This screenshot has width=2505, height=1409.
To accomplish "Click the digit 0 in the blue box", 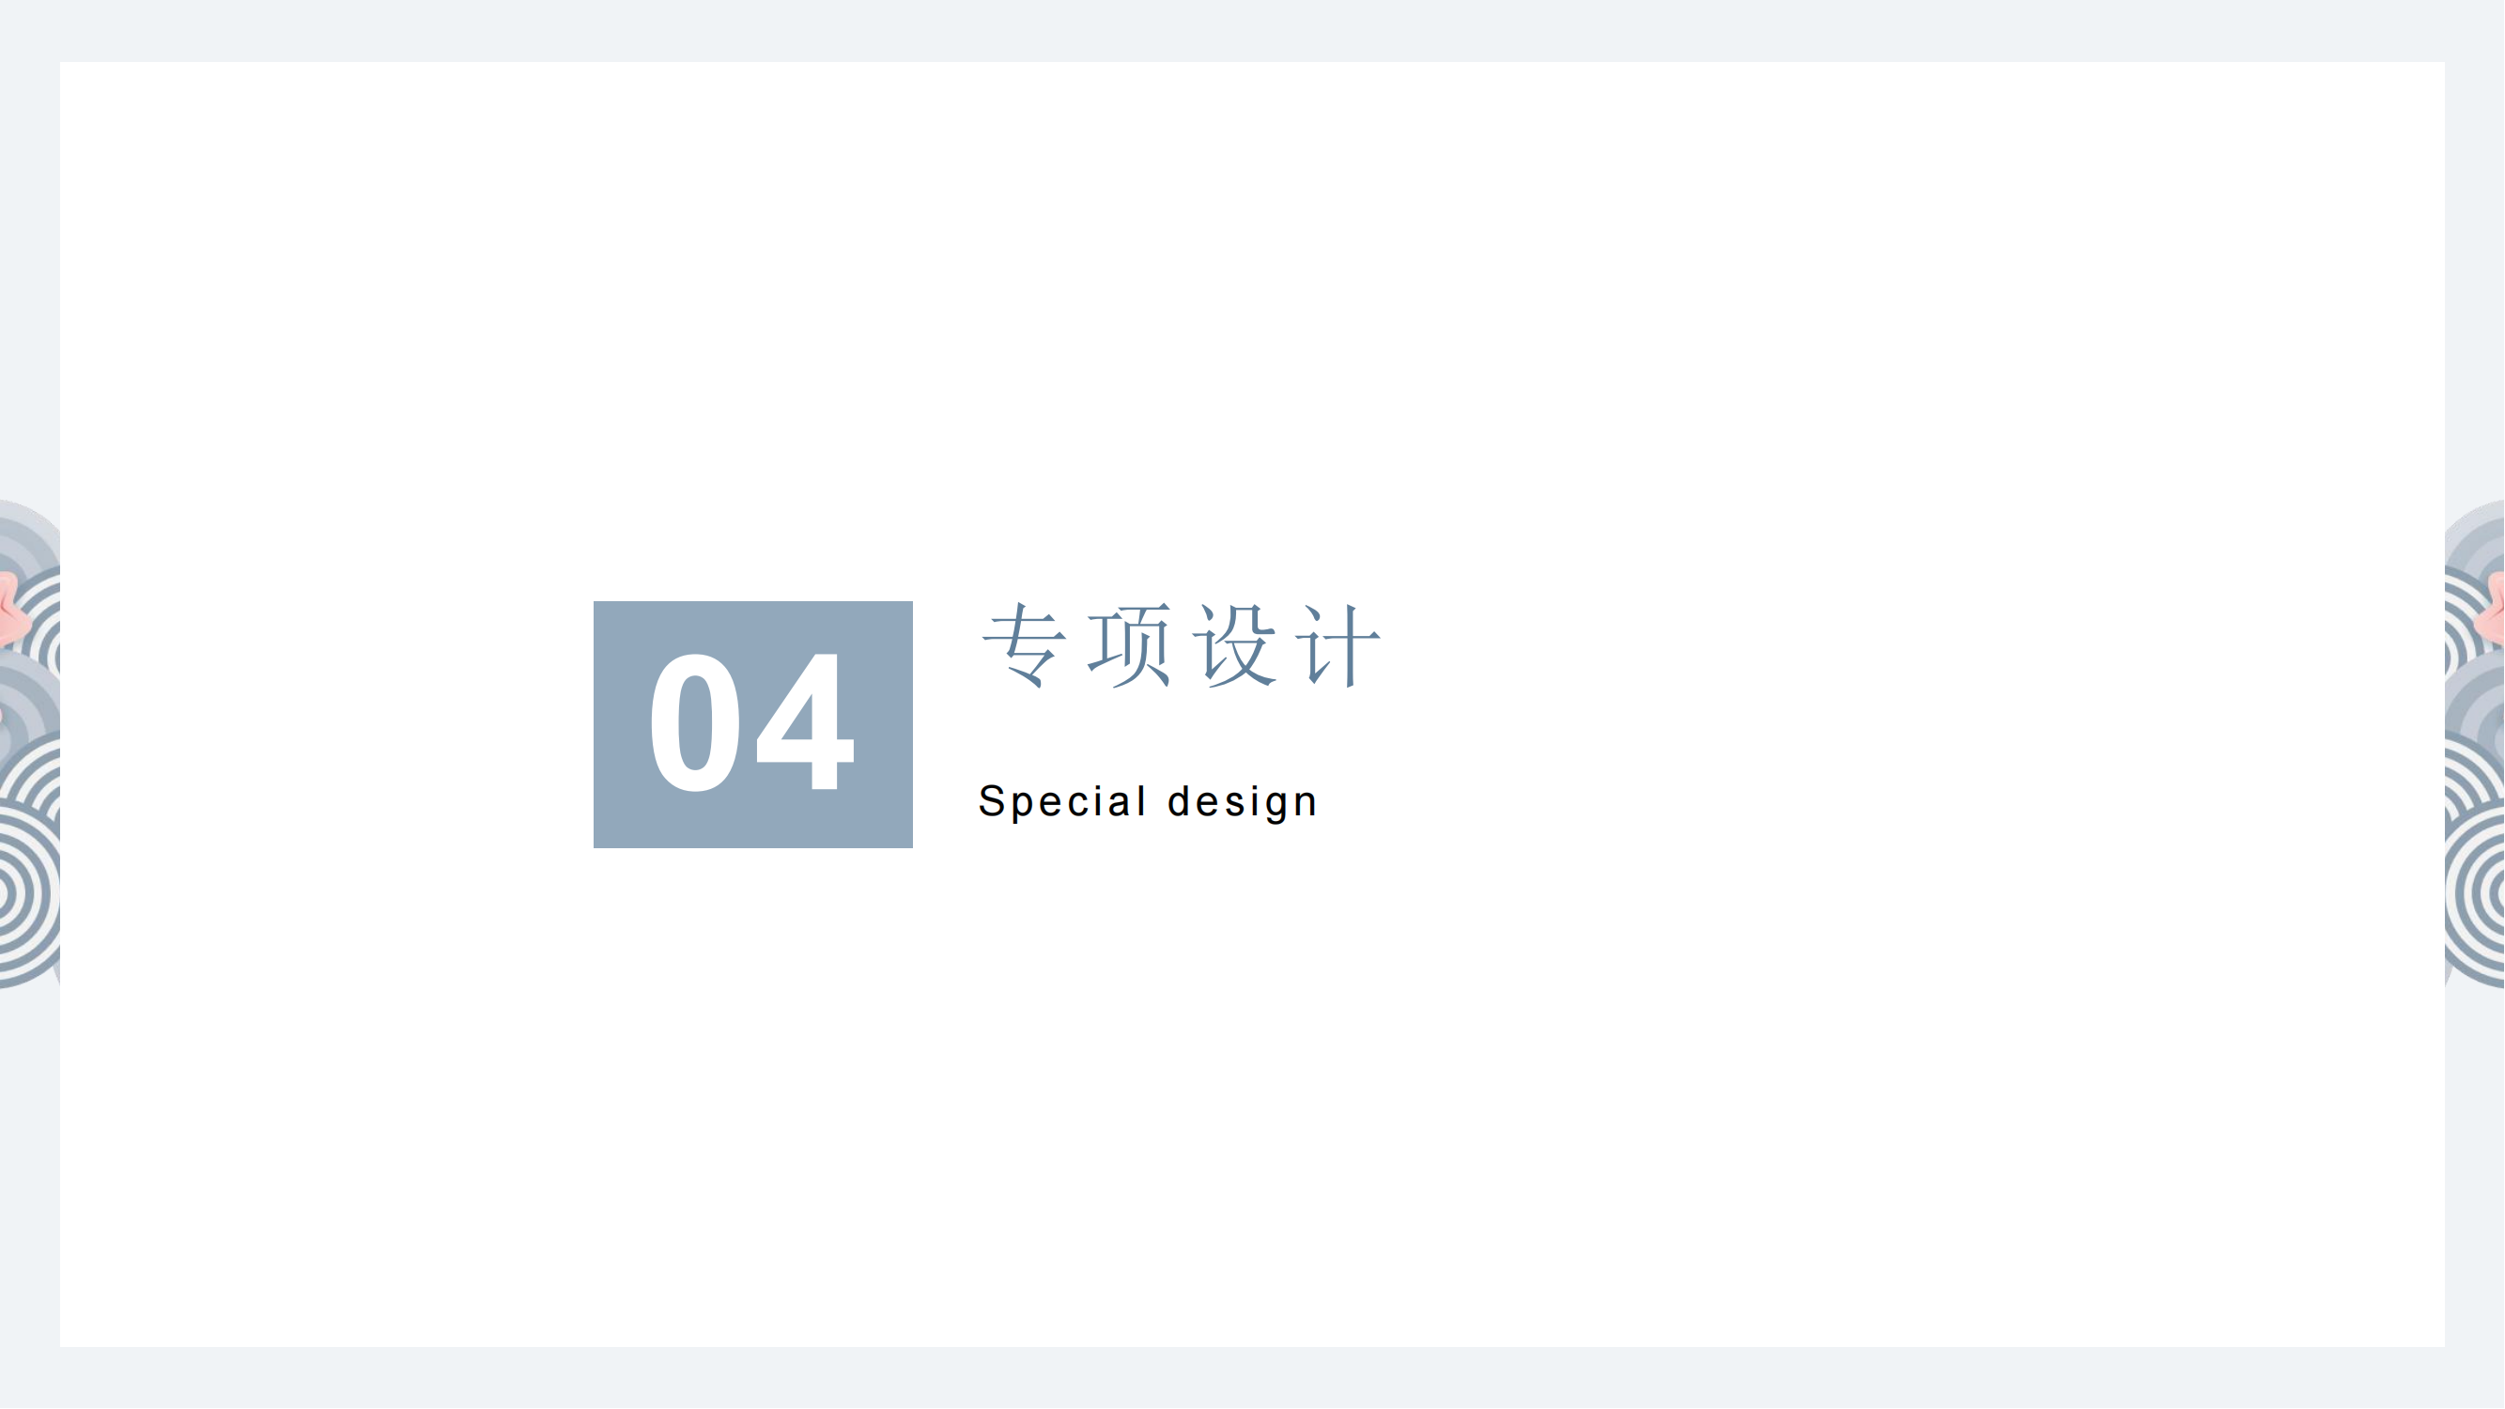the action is click(694, 722).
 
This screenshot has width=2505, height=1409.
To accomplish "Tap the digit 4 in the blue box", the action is click(805, 721).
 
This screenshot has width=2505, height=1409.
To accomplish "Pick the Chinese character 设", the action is click(1234, 645).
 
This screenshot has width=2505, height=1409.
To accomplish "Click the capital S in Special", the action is click(992, 801).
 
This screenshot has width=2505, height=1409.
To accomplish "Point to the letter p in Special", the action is click(1025, 807).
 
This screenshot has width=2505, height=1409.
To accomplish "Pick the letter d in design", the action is click(1180, 800).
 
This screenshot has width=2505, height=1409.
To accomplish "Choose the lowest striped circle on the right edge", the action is click(2476, 893).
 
